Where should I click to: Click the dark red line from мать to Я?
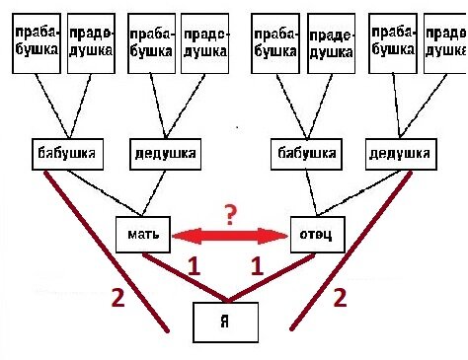183,276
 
